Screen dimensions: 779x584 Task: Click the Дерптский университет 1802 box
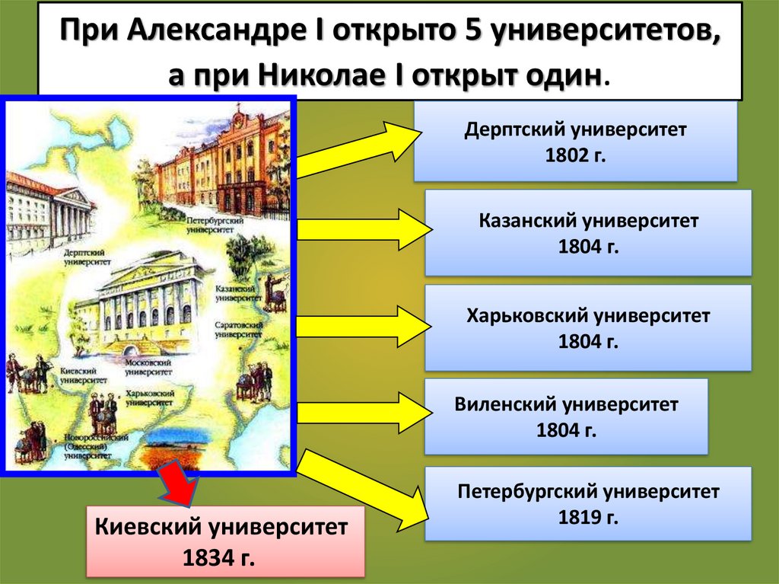(x=575, y=142)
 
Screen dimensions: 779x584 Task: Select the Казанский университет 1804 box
(x=588, y=233)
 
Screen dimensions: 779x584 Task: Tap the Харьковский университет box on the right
(x=588, y=327)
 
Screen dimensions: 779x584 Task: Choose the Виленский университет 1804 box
(x=566, y=416)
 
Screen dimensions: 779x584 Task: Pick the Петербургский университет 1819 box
(x=588, y=504)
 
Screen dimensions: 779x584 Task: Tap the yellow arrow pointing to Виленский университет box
(x=358, y=412)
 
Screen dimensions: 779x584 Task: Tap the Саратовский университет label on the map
(x=238, y=330)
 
